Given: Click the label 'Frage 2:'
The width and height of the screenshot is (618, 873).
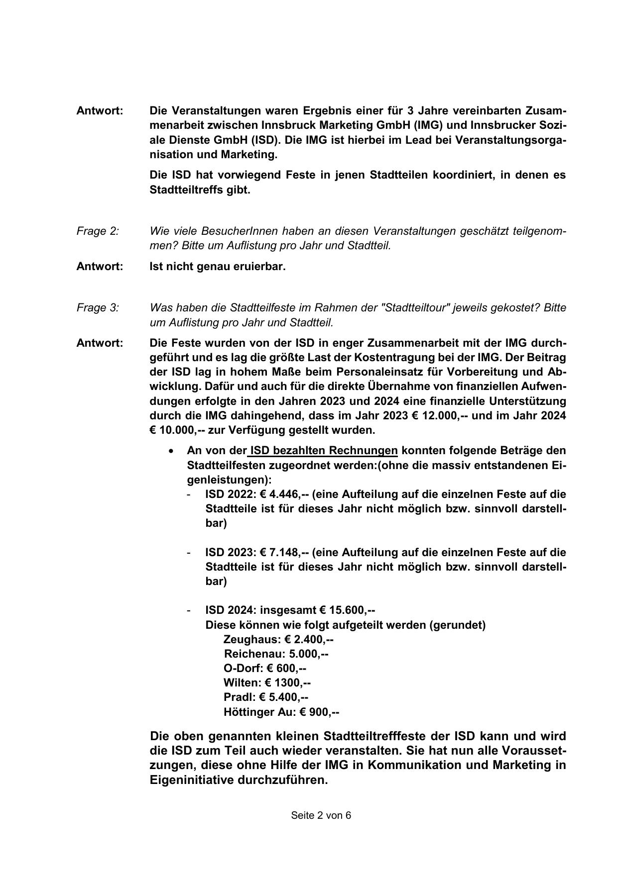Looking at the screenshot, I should click(x=98, y=231).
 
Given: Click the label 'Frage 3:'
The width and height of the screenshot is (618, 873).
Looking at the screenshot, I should click(x=98, y=307).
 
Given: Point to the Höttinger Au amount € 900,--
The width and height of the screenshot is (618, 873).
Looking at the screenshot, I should click(x=319, y=712).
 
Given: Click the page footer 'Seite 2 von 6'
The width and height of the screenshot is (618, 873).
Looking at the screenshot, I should click(x=321, y=815).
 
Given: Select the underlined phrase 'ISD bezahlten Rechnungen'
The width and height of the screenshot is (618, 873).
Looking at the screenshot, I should click(x=324, y=451).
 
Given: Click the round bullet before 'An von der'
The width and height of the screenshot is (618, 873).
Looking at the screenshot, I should click(x=171, y=451).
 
